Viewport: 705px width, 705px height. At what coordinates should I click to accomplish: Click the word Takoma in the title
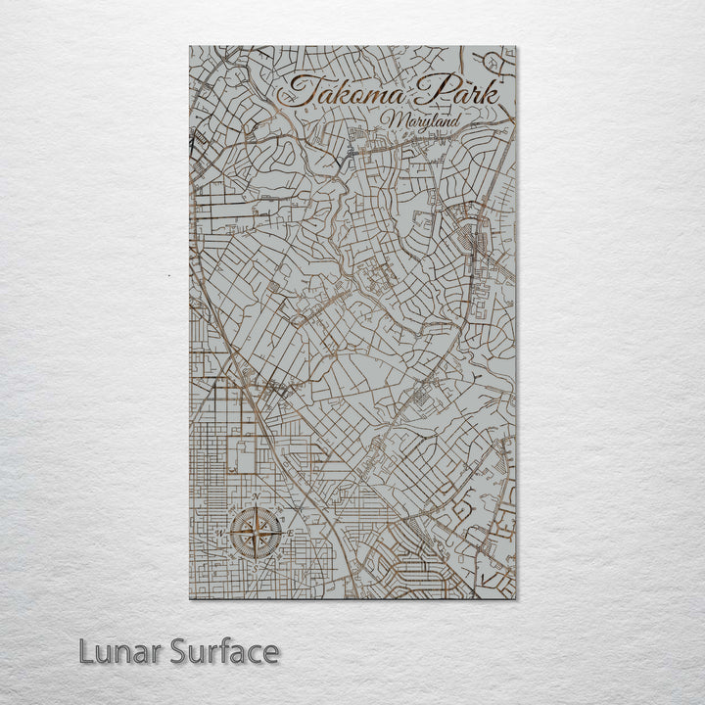coord(339,94)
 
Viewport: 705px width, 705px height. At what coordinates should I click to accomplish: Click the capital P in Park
coord(423,91)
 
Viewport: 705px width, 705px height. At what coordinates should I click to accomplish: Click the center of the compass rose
coord(257,533)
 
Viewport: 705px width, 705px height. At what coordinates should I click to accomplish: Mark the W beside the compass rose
coord(224,533)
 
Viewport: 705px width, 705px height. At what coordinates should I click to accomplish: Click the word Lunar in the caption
coord(121,651)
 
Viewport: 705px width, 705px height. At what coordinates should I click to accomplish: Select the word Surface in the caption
coord(226,651)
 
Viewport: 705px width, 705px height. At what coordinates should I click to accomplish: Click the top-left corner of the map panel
coord(190,46)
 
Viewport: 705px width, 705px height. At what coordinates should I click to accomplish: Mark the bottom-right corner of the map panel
coord(516,598)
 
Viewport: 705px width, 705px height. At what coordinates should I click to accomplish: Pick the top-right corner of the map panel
coord(516,46)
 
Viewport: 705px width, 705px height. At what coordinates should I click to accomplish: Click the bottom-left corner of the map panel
coord(190,598)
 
